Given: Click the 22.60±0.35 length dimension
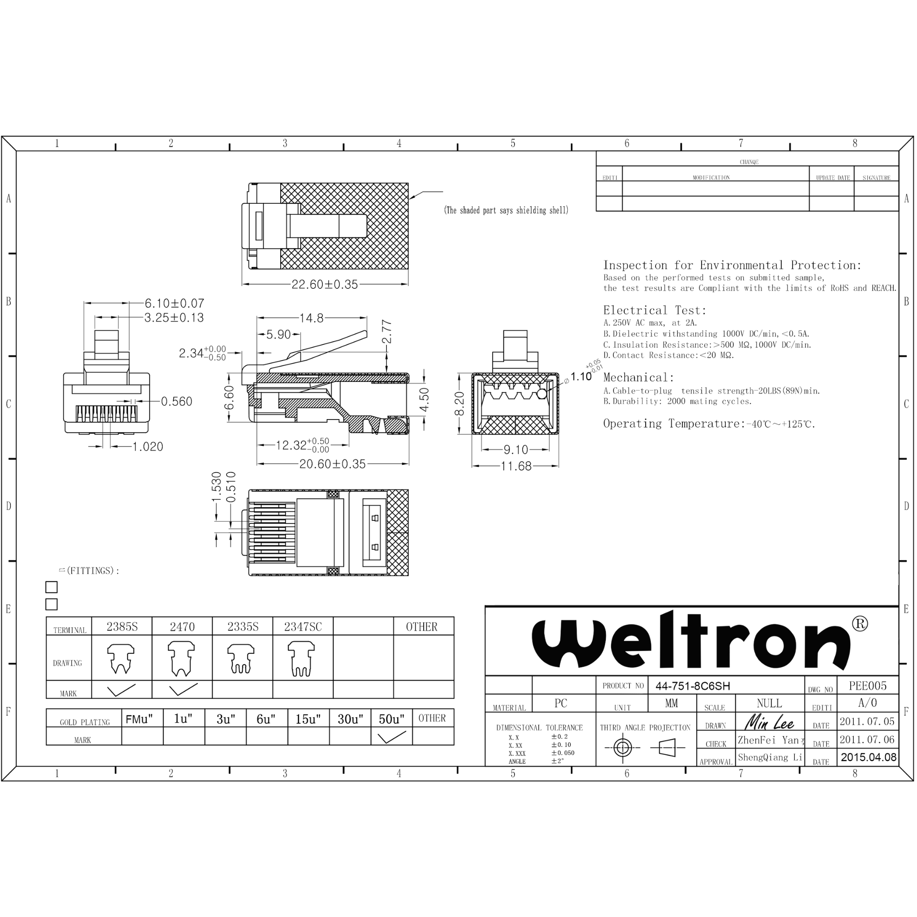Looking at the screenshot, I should (325, 284).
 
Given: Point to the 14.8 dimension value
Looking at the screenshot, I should (311, 318).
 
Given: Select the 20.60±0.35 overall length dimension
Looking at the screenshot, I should (332, 464).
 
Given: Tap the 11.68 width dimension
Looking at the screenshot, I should (516, 466).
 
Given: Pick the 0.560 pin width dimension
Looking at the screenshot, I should (176, 402).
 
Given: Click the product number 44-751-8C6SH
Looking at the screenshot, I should (693, 686).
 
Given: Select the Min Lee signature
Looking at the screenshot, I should (769, 722).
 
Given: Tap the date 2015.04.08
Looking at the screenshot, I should (868, 758).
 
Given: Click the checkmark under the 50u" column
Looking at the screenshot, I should (392, 737).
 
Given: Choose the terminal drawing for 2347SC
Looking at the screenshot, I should (302, 659).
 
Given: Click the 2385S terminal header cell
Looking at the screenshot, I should (122, 626).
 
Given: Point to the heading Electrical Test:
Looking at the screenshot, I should (655, 310).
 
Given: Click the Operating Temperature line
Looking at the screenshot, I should (709, 424).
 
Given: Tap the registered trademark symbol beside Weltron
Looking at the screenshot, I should (860, 624).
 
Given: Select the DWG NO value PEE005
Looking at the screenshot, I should (868, 686).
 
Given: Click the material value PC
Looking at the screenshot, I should (561, 703).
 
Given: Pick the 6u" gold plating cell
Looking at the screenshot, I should (266, 719).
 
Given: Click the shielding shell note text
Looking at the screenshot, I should (506, 210).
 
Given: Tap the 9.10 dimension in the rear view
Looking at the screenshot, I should (515, 449).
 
